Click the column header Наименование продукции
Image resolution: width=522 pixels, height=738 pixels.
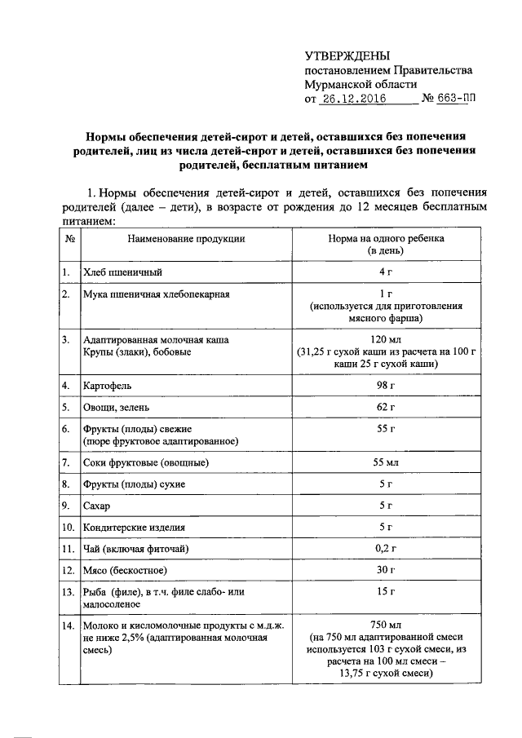pyautogui.click(x=185, y=240)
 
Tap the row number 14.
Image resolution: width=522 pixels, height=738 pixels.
pyautogui.click(x=69, y=626)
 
